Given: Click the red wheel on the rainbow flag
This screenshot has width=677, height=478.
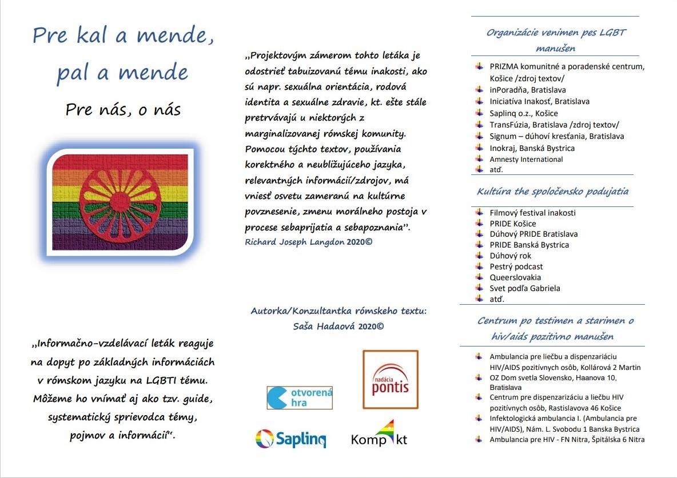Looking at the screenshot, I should [120, 202].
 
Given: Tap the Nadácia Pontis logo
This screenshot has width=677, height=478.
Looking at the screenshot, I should [391, 380].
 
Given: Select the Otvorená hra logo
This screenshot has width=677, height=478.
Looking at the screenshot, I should [300, 397].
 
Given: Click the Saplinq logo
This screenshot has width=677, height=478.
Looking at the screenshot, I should [290, 439].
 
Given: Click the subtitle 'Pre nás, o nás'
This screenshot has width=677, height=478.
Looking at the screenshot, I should [123, 109].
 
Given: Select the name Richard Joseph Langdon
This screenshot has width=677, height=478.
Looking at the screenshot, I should [294, 242].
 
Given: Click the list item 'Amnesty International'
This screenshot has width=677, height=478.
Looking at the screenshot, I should [526, 160].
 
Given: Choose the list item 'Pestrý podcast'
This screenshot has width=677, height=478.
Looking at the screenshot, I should [516, 266].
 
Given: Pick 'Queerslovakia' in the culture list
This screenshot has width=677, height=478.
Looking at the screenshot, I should [515, 277].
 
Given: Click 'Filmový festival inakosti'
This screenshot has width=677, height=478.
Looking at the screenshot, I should [532, 213].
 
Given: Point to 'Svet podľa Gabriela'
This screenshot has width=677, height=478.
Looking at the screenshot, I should [525, 288].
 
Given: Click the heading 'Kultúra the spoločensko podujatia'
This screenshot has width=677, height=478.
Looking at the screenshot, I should [553, 192].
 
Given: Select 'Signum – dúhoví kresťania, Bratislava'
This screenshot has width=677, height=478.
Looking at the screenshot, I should [556, 136].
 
